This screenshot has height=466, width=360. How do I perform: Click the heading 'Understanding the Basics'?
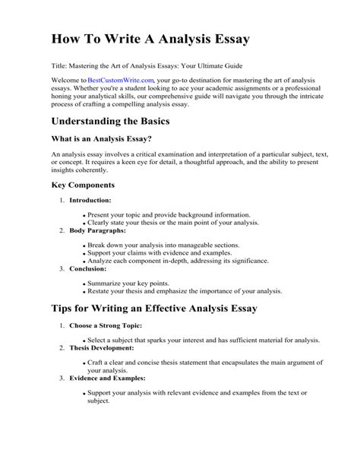[x=120, y=122]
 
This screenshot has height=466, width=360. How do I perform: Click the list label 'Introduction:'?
[x=90, y=200]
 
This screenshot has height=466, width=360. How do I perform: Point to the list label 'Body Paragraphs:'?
[x=96, y=230]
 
